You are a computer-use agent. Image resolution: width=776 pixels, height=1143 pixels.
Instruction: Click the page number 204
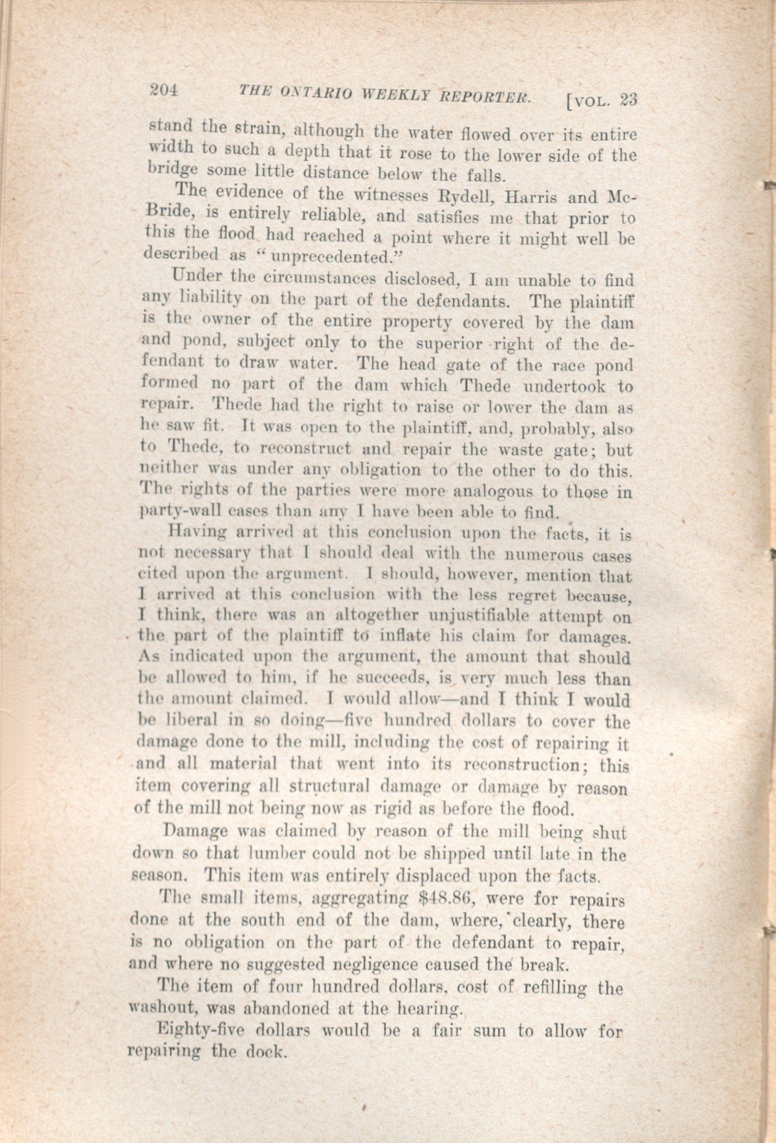164,91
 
